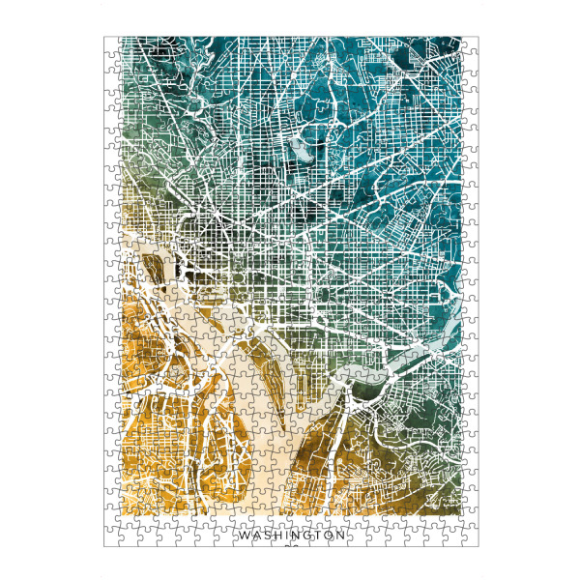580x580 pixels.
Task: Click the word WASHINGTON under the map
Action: click(x=291, y=534)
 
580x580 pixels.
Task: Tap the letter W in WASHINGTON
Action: click(x=243, y=534)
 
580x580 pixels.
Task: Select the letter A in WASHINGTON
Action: click(x=255, y=534)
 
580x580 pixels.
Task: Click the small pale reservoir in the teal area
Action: click(x=301, y=152)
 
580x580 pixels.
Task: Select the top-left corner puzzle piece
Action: click(x=111, y=44)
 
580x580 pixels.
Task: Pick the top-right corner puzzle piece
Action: click(x=470, y=44)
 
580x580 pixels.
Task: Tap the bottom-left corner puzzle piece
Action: click(x=111, y=539)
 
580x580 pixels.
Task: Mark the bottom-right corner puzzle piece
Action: click(x=470, y=539)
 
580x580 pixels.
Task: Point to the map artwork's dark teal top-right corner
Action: click(x=454, y=43)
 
